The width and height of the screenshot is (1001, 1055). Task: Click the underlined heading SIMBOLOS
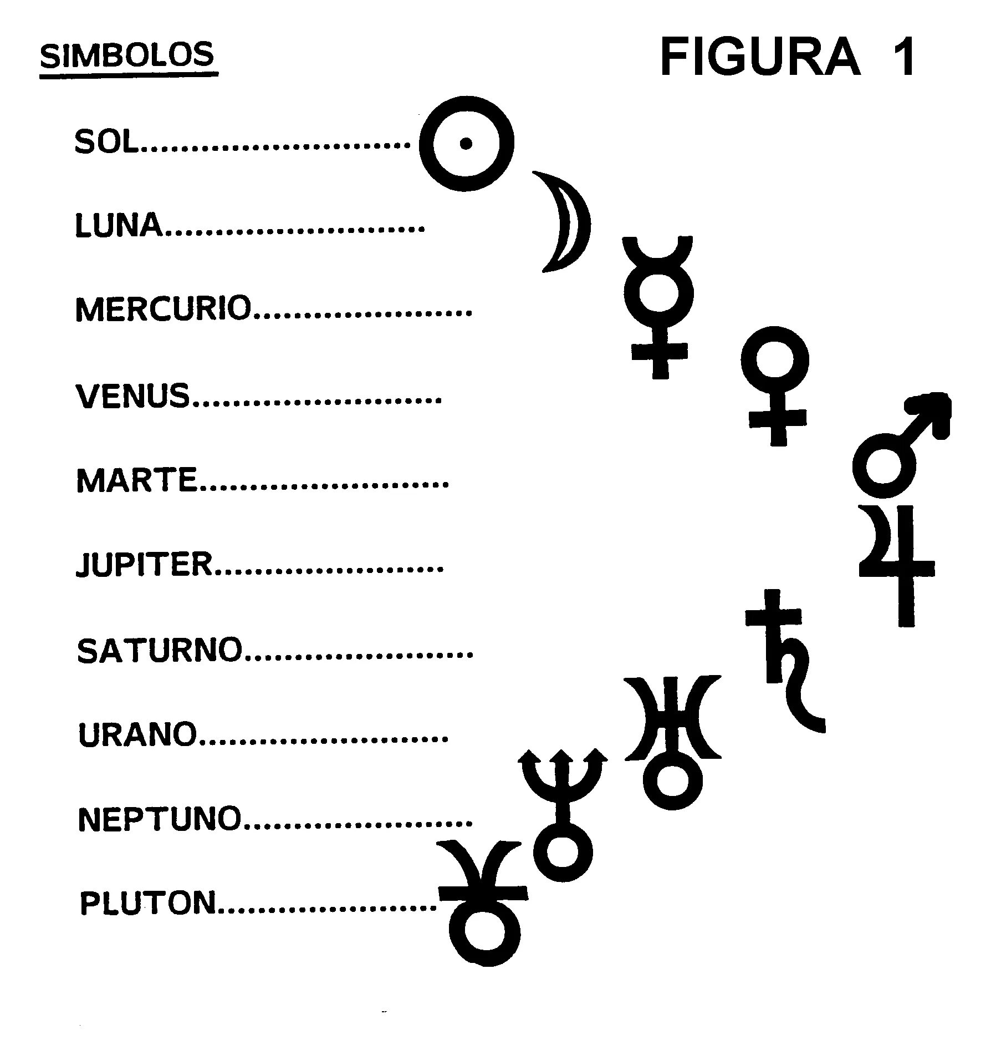127,56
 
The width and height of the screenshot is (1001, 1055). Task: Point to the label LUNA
119,226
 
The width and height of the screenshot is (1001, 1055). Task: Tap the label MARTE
137,480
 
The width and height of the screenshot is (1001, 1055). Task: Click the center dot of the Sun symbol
466,144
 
